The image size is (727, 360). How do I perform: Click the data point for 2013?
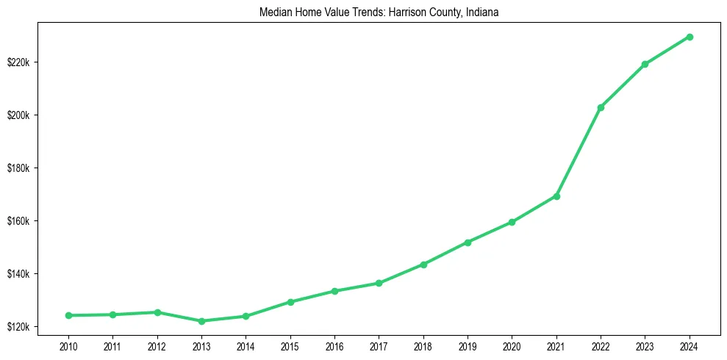click(201, 321)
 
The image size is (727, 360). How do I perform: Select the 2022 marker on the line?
click(601, 107)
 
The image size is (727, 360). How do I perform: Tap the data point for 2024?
click(690, 37)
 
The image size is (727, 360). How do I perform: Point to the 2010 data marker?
click(68, 315)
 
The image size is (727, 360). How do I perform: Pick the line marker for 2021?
click(556, 196)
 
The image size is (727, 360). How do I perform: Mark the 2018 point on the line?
click(423, 264)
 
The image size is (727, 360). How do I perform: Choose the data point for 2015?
click(290, 302)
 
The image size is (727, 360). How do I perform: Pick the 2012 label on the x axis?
click(157, 345)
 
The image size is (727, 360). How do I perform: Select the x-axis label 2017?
click(379, 345)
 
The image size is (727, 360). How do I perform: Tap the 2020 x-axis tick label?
click(512, 345)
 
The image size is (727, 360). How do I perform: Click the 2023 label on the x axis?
click(645, 345)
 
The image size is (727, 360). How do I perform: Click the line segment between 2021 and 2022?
click(579, 152)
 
